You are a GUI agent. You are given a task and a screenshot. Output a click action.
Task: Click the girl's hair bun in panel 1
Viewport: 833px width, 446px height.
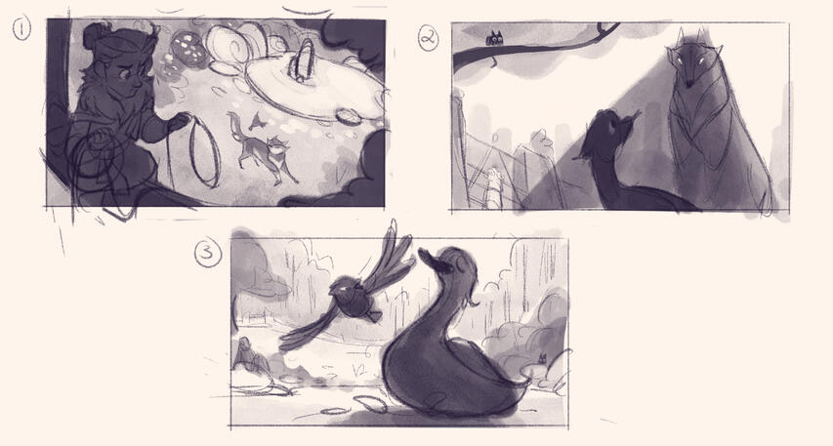[x=96, y=38]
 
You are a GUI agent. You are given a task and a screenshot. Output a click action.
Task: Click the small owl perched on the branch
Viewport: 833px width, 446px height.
[x=495, y=40]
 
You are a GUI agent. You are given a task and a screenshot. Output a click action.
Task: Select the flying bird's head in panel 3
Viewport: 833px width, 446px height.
[x=347, y=289]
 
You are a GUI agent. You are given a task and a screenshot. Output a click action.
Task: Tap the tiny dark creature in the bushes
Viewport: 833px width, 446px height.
[x=540, y=361]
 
